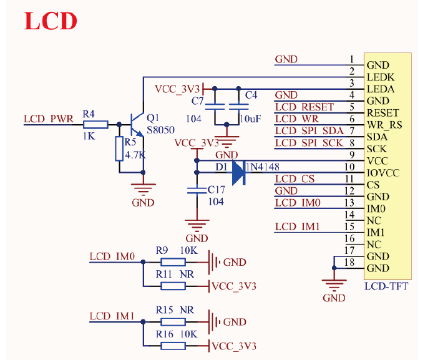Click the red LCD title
(x=51, y=21)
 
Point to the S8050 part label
(x=160, y=130)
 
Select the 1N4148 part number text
(x=262, y=167)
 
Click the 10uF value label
(x=250, y=118)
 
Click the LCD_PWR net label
(x=48, y=118)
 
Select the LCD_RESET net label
(x=304, y=107)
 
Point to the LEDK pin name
(x=381, y=77)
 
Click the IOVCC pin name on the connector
(x=382, y=173)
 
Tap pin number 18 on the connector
(x=349, y=263)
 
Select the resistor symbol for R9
(x=173, y=263)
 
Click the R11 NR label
(x=175, y=274)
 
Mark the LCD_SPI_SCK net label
(x=309, y=143)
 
